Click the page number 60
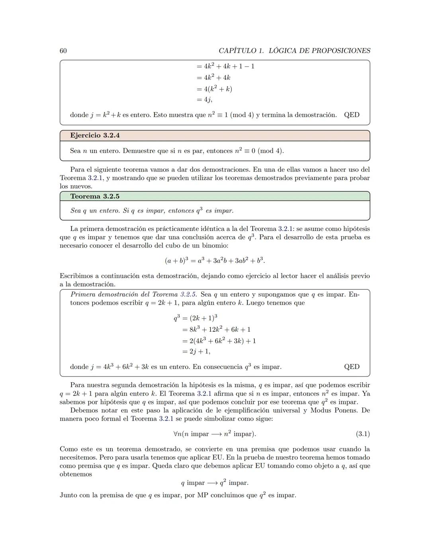(63, 51)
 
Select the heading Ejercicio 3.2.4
(95, 136)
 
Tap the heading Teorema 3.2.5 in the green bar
(95, 196)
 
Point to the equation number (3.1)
(362, 434)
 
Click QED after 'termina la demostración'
(352, 115)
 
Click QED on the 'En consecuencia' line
(352, 367)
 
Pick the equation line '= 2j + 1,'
(196, 352)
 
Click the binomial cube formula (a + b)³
(215, 261)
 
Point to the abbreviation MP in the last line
(203, 496)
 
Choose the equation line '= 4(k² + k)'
(214, 89)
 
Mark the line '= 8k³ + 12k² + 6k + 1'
(216, 330)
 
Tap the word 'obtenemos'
(76, 474)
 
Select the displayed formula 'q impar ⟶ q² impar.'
(215, 483)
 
